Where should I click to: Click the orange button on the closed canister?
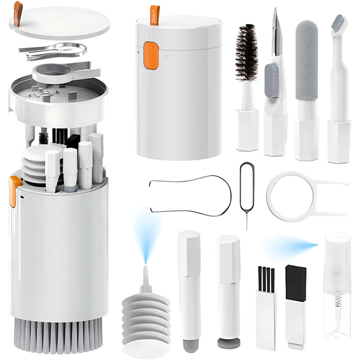coord(151,56)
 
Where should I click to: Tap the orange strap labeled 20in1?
coord(155,15)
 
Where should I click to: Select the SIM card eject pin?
coord(246,191)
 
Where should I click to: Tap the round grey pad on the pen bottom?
coord(228,341)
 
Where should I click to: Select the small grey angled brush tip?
coord(338,23)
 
